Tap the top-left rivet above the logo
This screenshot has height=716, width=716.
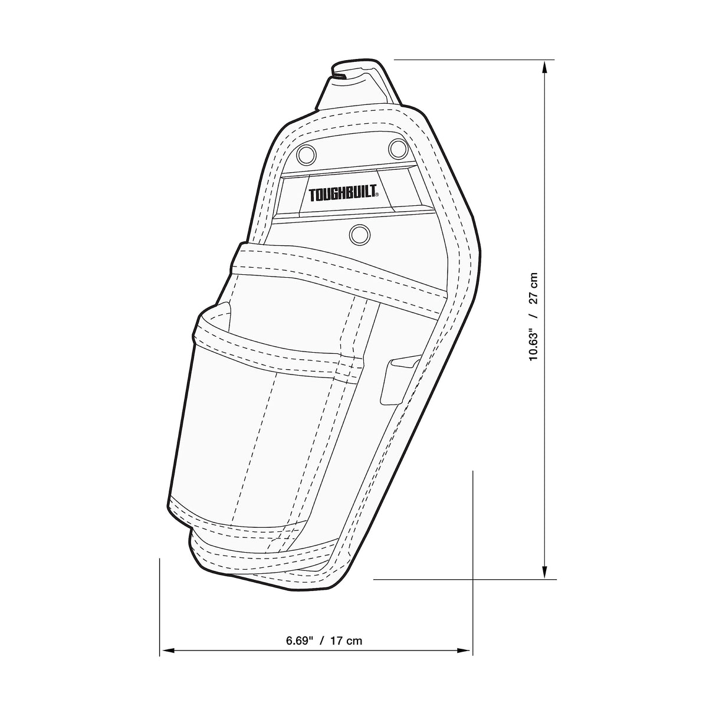click(x=306, y=154)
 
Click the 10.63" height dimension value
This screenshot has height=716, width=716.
click(x=534, y=341)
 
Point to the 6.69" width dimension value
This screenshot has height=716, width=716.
click(x=298, y=641)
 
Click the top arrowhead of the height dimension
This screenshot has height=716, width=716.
click(x=545, y=66)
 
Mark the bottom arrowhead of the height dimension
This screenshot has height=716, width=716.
click(x=545, y=573)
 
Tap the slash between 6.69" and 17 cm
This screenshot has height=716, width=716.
click(x=322, y=641)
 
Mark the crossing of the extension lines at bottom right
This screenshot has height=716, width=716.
click(x=473, y=580)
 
